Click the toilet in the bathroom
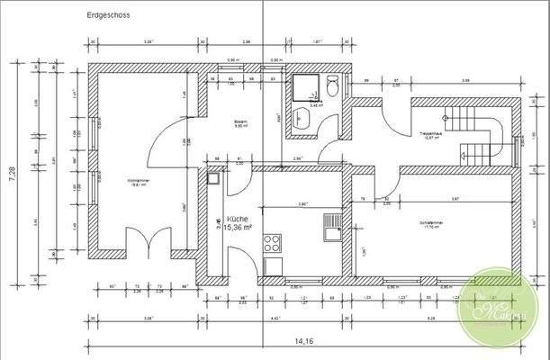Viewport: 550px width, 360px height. (332, 85)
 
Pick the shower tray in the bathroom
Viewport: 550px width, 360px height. (305, 89)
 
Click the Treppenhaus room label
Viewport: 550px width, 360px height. (430, 137)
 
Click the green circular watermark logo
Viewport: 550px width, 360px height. (500, 305)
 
